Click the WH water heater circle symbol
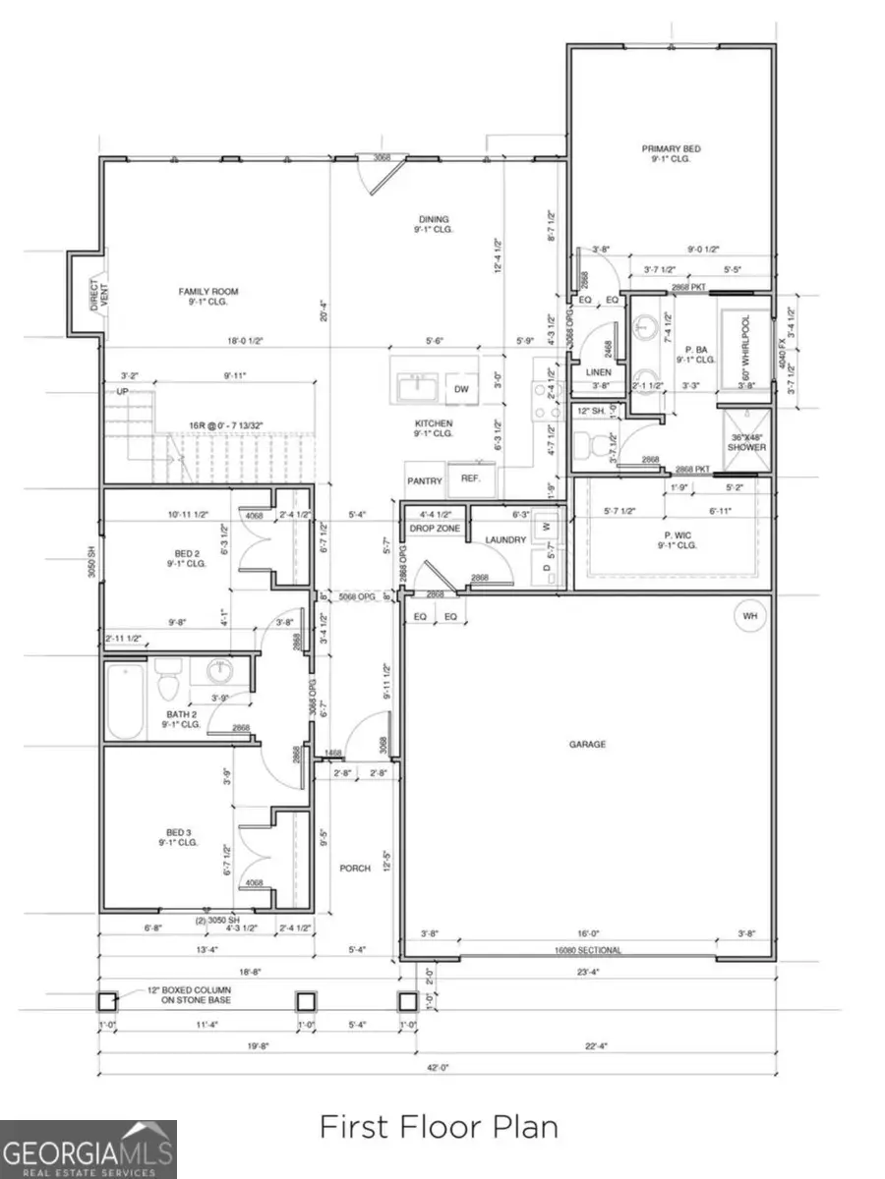point(752,616)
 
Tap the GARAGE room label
point(587,744)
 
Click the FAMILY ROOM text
point(207,291)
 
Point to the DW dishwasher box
point(461,390)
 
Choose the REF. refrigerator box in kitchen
point(469,479)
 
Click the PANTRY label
point(425,480)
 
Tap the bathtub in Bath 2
point(128,702)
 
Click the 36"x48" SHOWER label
point(746,441)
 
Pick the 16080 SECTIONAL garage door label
point(587,951)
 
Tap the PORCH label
point(354,868)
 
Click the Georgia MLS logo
point(88,1149)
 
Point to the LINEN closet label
point(598,372)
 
